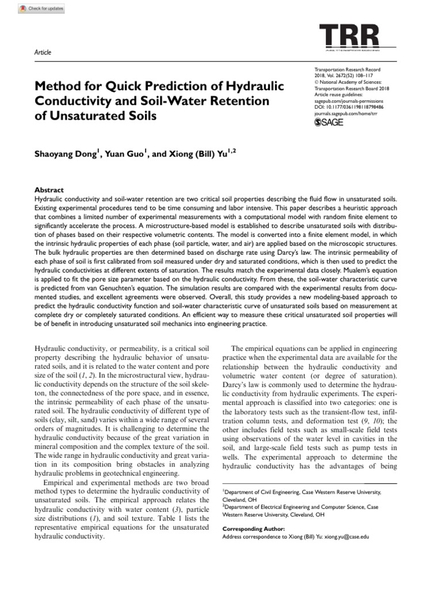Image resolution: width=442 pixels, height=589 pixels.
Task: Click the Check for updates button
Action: (41, 9)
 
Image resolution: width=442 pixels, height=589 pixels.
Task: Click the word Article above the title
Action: (43, 52)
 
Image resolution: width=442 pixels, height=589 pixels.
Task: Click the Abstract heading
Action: (49, 190)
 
